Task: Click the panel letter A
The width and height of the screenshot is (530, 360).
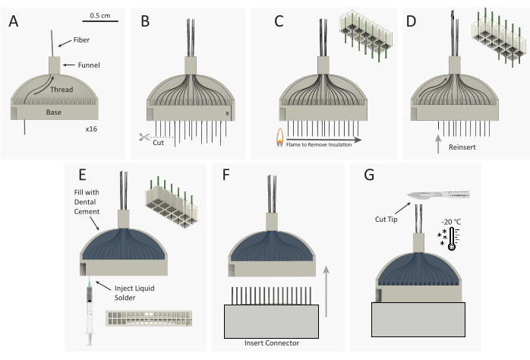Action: (14, 21)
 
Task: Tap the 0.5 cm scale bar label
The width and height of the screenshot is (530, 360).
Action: (100, 15)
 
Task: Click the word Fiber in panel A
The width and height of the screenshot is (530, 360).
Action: (81, 40)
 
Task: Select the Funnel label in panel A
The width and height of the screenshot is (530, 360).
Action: (89, 65)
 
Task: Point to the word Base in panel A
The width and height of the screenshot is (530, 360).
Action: (54, 112)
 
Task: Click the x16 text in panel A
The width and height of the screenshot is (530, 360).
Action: (91, 129)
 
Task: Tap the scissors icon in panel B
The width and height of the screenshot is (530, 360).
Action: (144, 137)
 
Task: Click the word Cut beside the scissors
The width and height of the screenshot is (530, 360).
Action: (158, 143)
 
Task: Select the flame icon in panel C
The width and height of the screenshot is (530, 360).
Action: (280, 137)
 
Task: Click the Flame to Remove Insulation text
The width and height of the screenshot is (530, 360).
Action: (319, 144)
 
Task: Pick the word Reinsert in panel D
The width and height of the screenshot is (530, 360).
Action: (462, 147)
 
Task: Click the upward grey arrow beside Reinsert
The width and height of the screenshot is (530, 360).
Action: (438, 144)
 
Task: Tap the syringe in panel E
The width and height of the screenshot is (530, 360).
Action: (90, 311)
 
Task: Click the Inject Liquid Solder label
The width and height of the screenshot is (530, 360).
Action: (134, 292)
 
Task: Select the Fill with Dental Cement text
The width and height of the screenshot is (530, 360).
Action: (87, 202)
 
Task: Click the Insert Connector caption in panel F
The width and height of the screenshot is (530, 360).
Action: (272, 343)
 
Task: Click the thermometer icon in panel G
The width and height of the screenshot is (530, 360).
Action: (452, 238)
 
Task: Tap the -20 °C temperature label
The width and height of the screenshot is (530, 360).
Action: (451, 222)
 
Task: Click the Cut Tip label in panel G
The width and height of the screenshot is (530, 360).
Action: (386, 219)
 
